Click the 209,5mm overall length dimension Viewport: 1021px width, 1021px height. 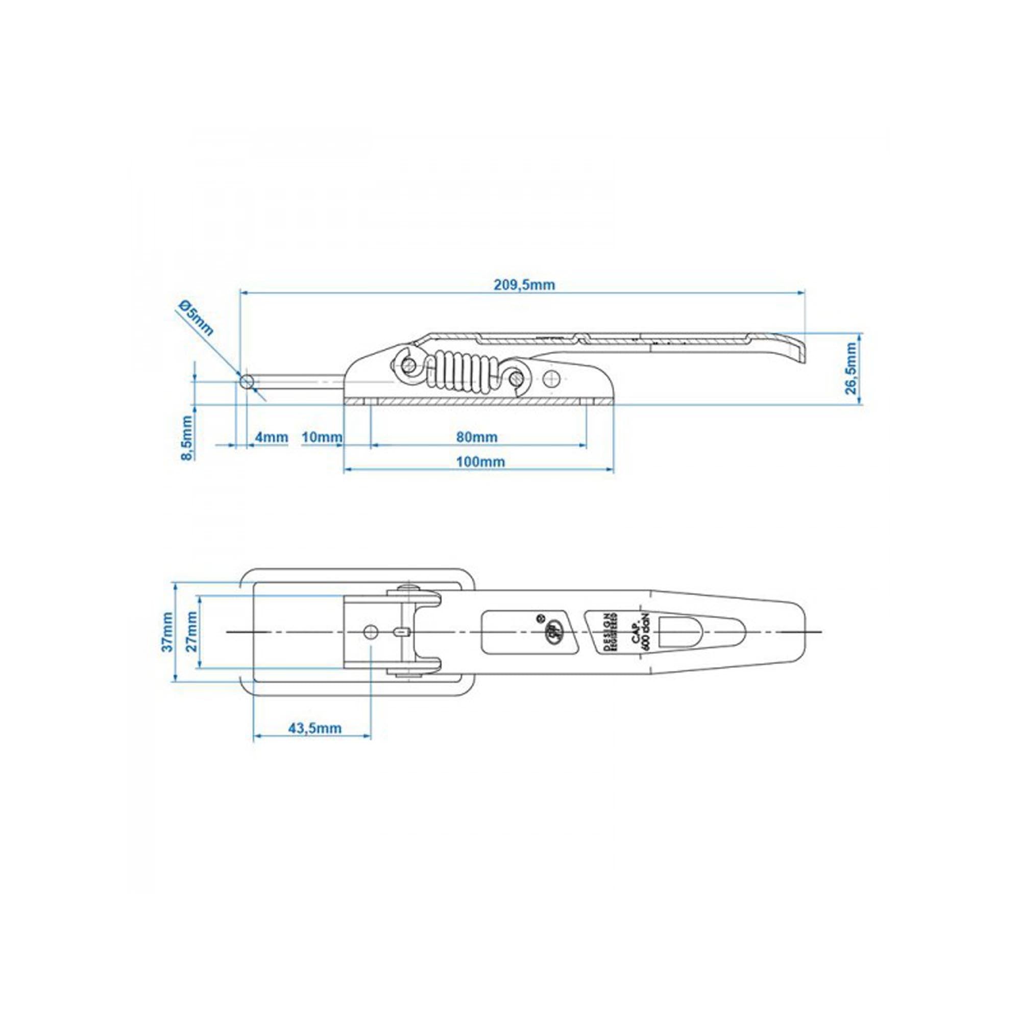(524, 285)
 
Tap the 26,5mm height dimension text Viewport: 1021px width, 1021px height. (850, 369)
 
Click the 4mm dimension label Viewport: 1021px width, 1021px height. (272, 437)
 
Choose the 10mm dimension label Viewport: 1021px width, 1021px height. (322, 437)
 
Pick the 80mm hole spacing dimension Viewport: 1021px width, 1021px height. (477, 437)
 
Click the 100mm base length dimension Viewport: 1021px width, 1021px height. (480, 462)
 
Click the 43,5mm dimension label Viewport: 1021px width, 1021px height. (314, 728)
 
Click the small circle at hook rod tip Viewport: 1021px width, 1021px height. (247, 381)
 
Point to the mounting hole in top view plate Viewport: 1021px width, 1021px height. (371, 631)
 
